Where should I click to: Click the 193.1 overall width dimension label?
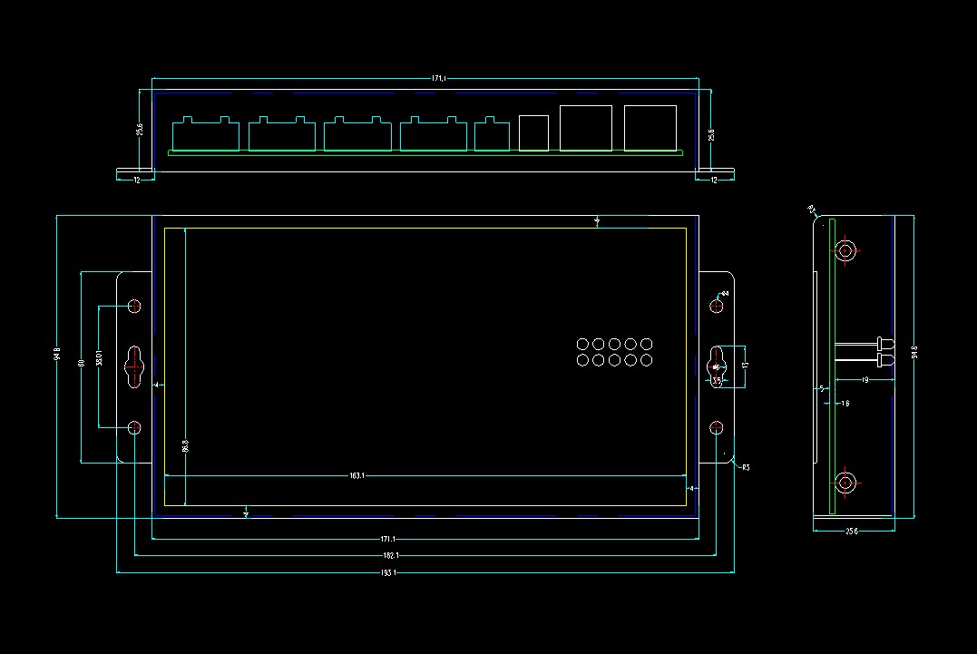click(389, 572)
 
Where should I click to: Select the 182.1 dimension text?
click(389, 555)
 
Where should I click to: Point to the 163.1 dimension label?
click(357, 475)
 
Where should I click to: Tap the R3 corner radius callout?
click(745, 467)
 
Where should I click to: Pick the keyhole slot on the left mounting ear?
click(134, 366)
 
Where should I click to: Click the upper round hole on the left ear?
click(135, 306)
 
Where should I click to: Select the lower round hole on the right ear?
click(716, 427)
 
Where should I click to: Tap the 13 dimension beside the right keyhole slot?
click(745, 366)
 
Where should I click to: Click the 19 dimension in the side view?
click(865, 381)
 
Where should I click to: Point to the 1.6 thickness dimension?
click(845, 403)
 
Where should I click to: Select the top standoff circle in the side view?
click(845, 250)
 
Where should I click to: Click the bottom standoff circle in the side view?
click(845, 483)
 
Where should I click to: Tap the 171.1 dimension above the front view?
click(438, 79)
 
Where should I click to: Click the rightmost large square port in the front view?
click(650, 128)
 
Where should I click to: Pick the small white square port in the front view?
click(534, 132)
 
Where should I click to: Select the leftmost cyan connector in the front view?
click(206, 134)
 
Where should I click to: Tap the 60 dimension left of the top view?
click(82, 363)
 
